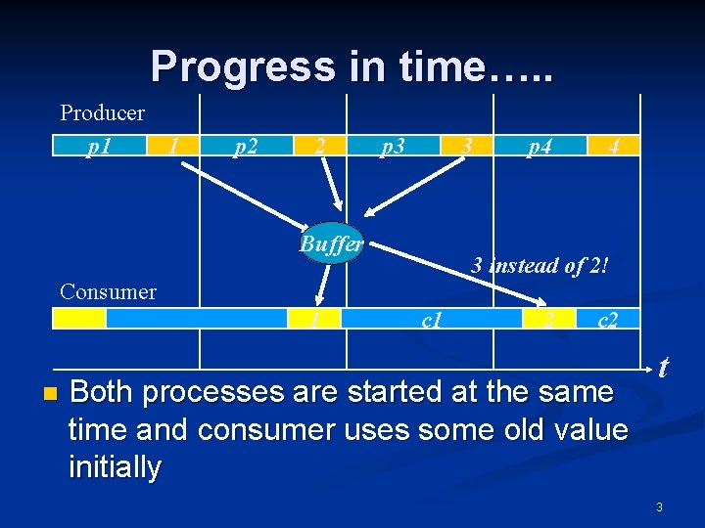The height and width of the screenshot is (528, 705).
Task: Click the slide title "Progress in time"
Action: click(x=351, y=66)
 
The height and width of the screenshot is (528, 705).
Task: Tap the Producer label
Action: click(x=102, y=112)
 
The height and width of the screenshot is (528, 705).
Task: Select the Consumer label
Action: click(x=108, y=291)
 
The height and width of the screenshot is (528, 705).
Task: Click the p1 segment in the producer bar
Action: click(x=98, y=147)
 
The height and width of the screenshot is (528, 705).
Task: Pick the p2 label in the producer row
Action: click(x=247, y=147)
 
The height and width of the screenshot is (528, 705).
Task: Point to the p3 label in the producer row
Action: click(x=393, y=147)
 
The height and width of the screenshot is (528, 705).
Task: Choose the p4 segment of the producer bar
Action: click(x=540, y=147)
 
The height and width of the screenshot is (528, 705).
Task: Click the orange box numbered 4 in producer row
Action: click(x=613, y=147)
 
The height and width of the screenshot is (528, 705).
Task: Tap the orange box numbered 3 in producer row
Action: click(x=468, y=147)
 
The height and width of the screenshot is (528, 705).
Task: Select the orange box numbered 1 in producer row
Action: click(x=172, y=147)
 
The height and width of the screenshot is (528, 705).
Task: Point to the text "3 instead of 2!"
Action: click(x=540, y=265)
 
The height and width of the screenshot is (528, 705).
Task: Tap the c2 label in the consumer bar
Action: click(x=608, y=319)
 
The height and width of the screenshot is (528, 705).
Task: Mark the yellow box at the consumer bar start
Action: click(x=79, y=319)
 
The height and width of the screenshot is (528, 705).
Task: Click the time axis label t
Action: click(x=664, y=367)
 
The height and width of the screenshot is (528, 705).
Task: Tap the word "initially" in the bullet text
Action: click(x=115, y=467)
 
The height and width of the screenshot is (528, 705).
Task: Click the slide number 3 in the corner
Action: click(x=659, y=506)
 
